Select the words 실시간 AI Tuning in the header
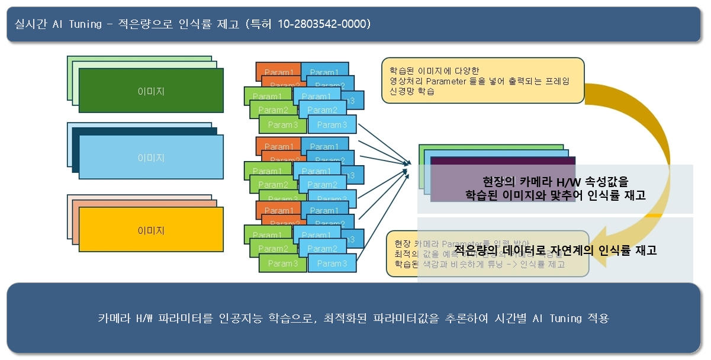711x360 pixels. click(x=53, y=24)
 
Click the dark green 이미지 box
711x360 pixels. click(x=151, y=91)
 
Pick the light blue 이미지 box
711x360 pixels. click(x=151, y=158)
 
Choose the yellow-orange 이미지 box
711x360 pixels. click(x=151, y=230)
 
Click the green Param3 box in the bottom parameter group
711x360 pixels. click(x=282, y=263)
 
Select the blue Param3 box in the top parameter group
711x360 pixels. click(x=332, y=124)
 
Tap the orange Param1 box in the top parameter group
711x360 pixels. click(x=279, y=72)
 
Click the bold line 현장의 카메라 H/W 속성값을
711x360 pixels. click(x=555, y=181)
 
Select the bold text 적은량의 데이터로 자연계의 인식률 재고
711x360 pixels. click(x=555, y=250)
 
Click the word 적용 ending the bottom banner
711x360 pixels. click(x=598, y=319)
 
